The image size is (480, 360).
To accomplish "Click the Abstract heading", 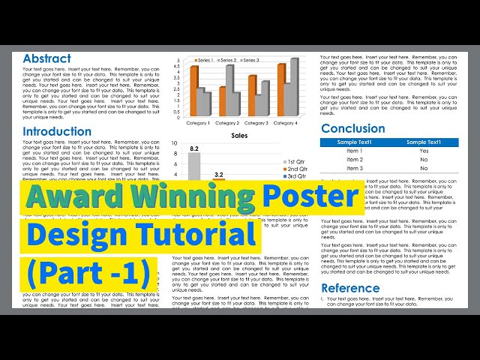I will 46,58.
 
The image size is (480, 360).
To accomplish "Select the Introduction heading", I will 57,131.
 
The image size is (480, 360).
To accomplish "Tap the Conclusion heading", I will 352,128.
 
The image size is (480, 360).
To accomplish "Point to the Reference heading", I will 350,288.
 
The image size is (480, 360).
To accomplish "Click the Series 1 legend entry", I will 203,60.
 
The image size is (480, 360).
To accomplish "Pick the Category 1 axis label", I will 198,123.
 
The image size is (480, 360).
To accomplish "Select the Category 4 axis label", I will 286,123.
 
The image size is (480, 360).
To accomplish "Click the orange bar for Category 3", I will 253,94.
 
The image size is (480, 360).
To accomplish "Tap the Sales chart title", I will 239,136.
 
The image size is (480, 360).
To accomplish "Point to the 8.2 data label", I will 194,149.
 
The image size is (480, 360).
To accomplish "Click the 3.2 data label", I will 219,175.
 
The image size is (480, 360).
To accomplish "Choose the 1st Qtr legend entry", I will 294,162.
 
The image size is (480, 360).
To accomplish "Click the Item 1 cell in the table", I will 355,151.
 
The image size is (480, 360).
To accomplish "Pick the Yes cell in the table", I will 424,151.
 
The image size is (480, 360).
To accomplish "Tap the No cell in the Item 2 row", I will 424,160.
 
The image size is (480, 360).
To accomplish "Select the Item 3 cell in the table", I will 355,169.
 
